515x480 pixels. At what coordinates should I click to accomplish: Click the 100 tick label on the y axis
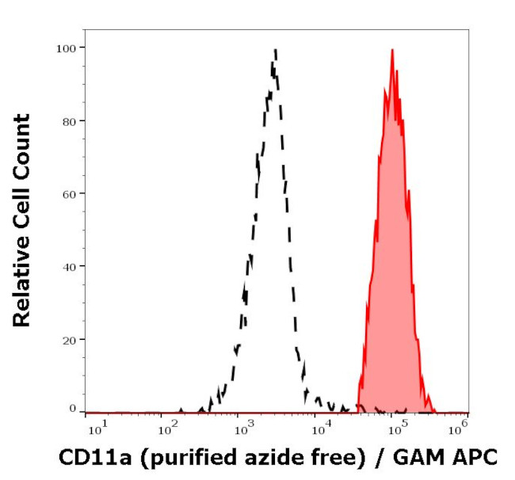[x=66, y=48]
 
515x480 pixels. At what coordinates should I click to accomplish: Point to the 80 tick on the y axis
[x=69, y=121]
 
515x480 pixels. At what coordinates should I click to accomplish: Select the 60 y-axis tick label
[x=69, y=193]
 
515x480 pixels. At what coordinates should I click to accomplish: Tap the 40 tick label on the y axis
[x=69, y=266]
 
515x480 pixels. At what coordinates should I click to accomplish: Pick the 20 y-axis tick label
[x=69, y=339]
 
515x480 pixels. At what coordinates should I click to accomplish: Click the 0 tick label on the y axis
[x=72, y=409]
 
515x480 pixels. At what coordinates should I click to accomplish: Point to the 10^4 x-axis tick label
[x=319, y=429]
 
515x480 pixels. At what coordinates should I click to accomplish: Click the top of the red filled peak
[x=391, y=51]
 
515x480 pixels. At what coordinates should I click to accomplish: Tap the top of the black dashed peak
[x=275, y=51]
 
